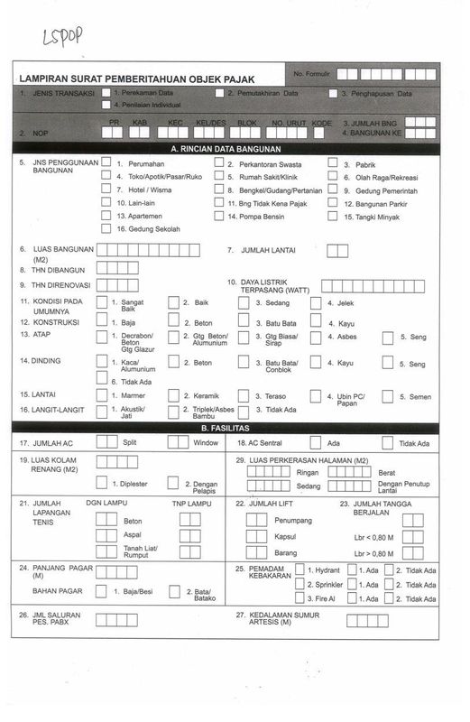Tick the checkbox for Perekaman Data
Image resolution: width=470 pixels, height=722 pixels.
click(106, 93)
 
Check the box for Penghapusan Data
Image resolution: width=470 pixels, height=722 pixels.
click(333, 93)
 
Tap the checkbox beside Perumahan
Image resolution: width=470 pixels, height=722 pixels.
click(106, 163)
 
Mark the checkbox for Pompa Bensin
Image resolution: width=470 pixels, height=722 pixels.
click(219, 217)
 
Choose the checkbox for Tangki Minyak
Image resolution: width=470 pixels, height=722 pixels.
click(334, 217)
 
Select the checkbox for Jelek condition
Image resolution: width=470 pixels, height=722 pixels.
click(316, 303)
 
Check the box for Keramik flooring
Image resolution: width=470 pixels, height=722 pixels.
click(173, 396)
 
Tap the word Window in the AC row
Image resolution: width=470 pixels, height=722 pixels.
click(206, 443)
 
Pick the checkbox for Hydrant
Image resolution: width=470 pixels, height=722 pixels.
click(300, 570)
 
